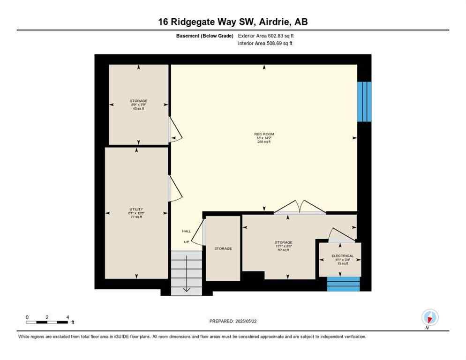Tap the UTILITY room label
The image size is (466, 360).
(136, 210)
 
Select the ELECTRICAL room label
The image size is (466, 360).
(342, 256)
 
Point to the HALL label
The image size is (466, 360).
(187, 232)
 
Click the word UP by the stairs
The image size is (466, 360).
(186, 242)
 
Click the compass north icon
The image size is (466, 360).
(429, 317)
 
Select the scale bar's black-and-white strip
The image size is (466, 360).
(47, 322)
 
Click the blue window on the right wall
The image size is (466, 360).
(364, 102)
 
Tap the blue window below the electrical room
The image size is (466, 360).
(343, 284)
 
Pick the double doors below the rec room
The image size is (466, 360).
(300, 207)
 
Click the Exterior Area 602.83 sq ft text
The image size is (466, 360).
(266, 36)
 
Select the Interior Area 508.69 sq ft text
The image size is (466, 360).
(266, 44)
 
